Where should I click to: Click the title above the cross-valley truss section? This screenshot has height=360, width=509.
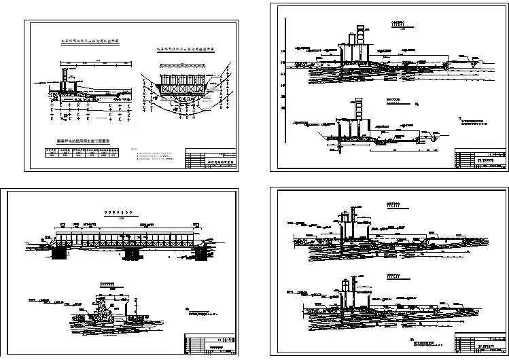coord(186,50)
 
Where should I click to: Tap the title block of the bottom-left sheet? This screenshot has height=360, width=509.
coord(211,343)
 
